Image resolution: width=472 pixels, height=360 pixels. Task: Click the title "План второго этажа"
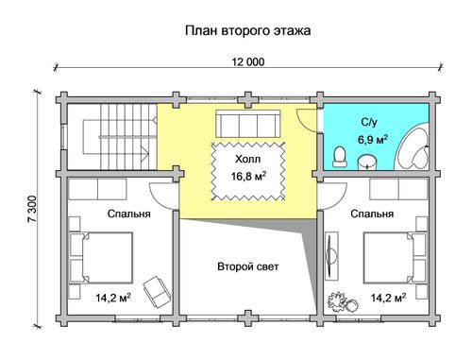[247, 31]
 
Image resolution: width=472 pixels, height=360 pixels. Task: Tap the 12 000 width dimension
[248, 62]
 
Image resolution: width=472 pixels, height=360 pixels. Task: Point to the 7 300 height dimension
[32, 209]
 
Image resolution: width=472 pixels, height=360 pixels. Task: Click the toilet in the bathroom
[340, 157]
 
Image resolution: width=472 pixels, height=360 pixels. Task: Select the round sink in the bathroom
[367, 163]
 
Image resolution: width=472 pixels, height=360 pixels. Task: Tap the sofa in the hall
[247, 124]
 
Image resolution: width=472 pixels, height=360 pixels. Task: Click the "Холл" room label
[248, 160]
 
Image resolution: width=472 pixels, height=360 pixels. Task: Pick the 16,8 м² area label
[249, 177]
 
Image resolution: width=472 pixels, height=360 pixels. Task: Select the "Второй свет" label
[248, 266]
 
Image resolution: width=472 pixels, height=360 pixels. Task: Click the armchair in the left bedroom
[157, 291]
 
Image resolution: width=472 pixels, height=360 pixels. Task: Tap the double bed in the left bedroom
[101, 258]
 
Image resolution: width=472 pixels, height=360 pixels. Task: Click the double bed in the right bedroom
[396, 258]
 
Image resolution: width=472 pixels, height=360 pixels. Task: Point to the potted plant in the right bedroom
[343, 301]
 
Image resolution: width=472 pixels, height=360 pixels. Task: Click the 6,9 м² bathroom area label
[373, 139]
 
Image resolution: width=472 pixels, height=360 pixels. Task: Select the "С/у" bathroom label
[369, 122]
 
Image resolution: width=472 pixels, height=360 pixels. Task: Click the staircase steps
[128, 137]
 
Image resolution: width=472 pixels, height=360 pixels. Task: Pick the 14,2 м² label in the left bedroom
[113, 298]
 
